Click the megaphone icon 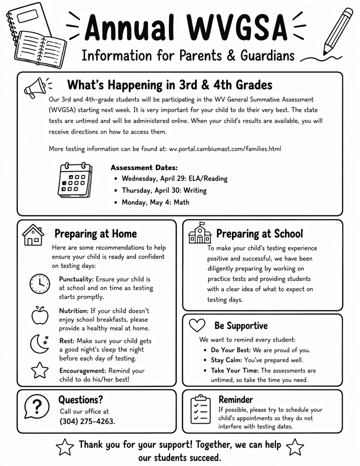tap(35, 87)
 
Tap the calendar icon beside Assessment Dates tap(75, 180)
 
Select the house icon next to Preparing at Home tap(33, 234)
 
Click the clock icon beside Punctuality tap(40, 284)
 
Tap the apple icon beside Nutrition tap(40, 315)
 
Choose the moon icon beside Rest tap(39, 344)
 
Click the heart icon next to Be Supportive tap(197, 325)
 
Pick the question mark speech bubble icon tap(37, 405)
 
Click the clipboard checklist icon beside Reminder tap(200, 409)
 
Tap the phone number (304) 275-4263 tap(87, 421)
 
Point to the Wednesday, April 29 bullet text tap(174, 179)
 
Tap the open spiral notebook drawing tap(40, 49)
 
